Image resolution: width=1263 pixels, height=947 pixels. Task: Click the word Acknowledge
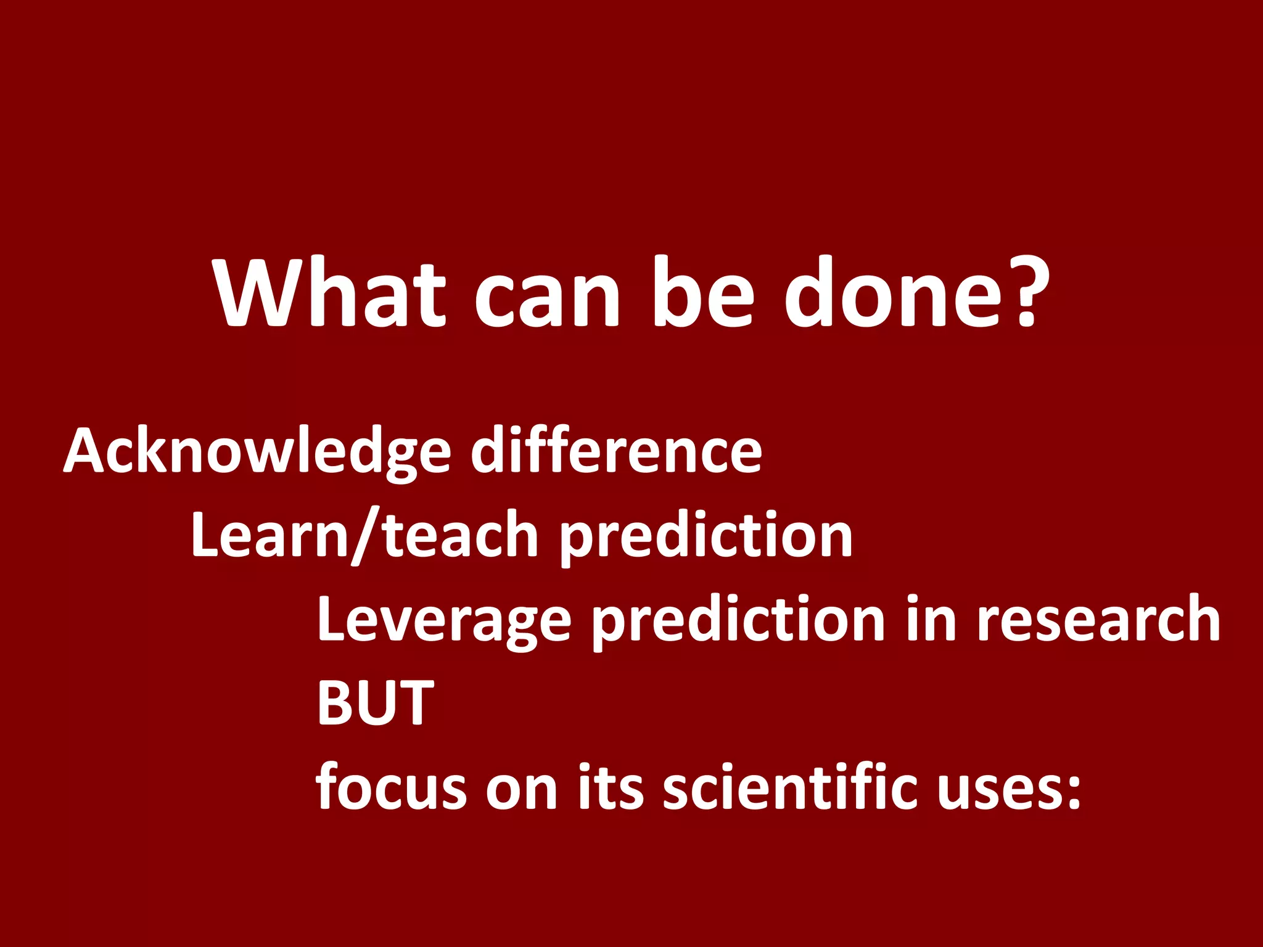258,453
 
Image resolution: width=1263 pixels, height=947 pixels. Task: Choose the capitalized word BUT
375,703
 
